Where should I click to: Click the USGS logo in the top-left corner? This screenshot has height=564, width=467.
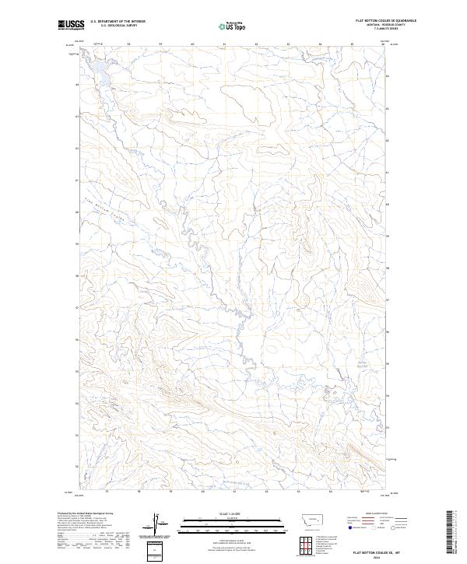(x=71, y=25)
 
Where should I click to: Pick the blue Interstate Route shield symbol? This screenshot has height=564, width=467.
(x=349, y=528)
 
